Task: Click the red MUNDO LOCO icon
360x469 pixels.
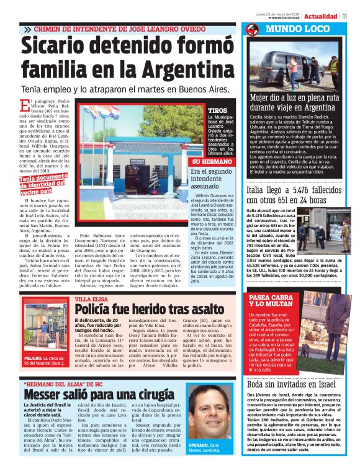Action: tap(251, 29)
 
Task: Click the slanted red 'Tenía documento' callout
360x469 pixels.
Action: tap(43, 184)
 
